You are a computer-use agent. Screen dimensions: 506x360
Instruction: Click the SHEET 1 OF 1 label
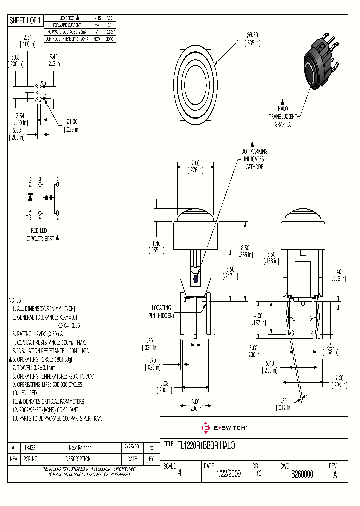coord(26,20)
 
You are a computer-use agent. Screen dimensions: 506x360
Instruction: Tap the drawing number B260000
coord(302,474)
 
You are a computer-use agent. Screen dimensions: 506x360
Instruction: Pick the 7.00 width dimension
coord(195,163)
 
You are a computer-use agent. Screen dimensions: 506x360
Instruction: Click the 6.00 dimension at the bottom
coord(195,401)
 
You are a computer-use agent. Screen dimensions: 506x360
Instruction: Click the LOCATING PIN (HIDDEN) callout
coord(161,312)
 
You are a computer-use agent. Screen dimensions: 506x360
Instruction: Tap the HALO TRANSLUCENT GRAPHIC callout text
coord(283,116)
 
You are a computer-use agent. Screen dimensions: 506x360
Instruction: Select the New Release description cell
coord(80,448)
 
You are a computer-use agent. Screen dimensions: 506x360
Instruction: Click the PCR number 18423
coord(30,448)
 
